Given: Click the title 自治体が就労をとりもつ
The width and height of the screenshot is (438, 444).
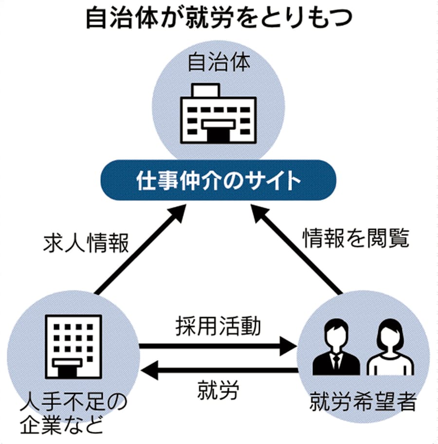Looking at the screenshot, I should (219, 19).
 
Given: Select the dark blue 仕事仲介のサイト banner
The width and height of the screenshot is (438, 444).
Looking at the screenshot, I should (219, 180).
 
